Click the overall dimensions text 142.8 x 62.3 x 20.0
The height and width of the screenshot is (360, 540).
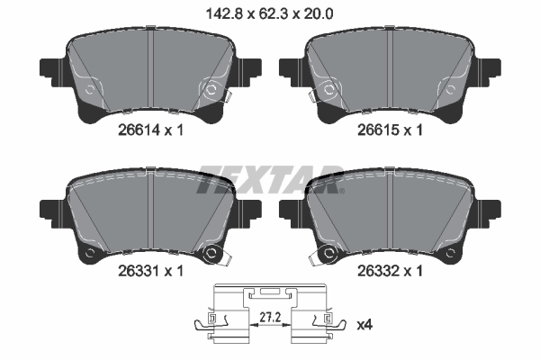(x=269, y=14)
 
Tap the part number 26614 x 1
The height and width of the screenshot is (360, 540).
(x=150, y=130)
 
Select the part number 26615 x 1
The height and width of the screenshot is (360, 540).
(x=390, y=130)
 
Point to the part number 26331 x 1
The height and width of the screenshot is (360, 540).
(x=150, y=271)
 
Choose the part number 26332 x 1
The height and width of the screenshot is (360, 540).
(x=390, y=271)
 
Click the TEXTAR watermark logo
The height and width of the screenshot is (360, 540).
(x=270, y=179)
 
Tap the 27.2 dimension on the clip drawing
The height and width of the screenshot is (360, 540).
(x=270, y=318)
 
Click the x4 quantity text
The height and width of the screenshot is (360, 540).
(x=364, y=325)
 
